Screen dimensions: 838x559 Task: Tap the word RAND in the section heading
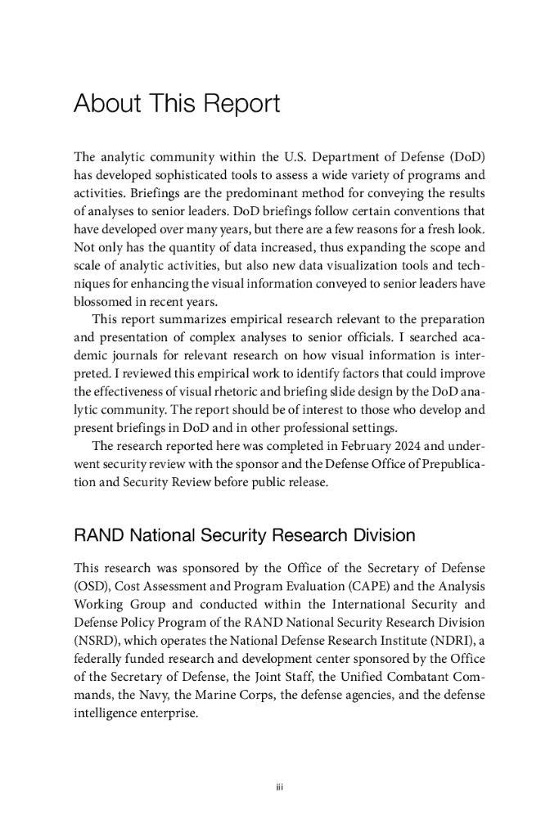[x=97, y=537]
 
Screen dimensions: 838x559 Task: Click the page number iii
[x=279, y=788]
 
